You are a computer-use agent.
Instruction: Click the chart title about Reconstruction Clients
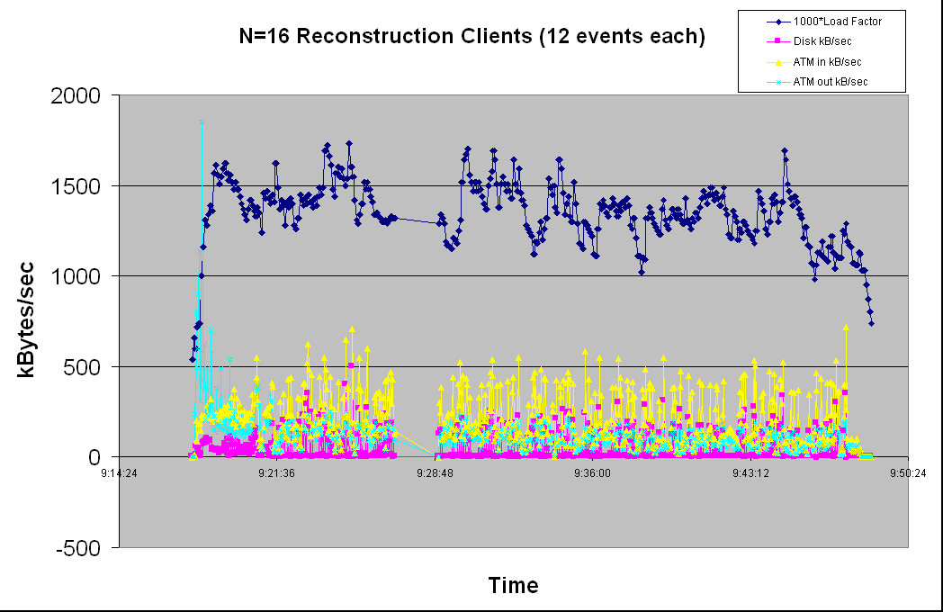pyautogui.click(x=471, y=37)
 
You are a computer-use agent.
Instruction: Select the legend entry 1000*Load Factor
pyautogui.click(x=837, y=22)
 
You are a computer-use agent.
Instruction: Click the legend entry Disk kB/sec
pyautogui.click(x=823, y=41)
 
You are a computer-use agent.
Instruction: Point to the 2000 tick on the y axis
pyautogui.click(x=81, y=95)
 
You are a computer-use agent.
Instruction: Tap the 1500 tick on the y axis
pyautogui.click(x=81, y=186)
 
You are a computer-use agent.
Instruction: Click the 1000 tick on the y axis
pyautogui.click(x=81, y=276)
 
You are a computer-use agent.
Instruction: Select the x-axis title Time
pyautogui.click(x=513, y=586)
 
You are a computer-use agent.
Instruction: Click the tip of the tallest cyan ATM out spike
pyautogui.click(x=202, y=122)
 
